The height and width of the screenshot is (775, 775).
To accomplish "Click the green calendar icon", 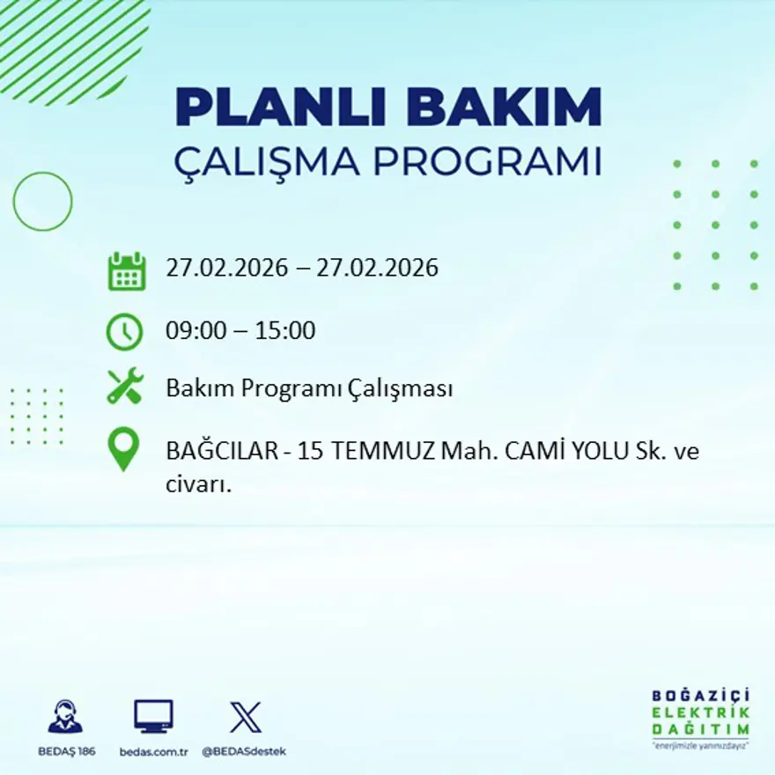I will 126,271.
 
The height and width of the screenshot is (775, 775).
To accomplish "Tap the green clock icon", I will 124,332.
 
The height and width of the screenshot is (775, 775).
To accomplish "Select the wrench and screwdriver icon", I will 124,387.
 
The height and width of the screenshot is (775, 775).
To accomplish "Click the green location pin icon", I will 123,448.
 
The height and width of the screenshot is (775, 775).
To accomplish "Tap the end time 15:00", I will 285,332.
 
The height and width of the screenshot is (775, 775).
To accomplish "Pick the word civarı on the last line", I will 197,484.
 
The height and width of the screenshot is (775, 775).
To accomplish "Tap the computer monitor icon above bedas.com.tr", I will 153,717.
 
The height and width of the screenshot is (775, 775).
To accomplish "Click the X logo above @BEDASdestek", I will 245,717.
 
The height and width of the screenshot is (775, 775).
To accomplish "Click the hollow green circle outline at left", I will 42,202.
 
